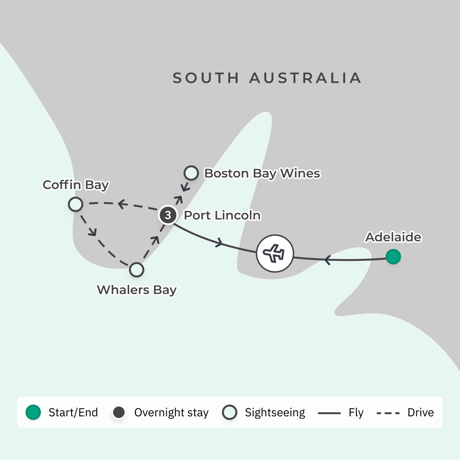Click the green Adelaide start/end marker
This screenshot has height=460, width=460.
393,257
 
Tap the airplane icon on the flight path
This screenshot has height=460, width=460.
275,253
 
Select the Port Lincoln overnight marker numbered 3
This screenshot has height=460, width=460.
168,215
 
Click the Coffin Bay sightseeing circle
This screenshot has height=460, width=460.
76,204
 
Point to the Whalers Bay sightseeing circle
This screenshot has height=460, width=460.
137,270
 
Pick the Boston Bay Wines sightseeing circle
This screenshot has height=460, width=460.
191,173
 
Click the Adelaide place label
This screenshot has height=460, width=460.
393,237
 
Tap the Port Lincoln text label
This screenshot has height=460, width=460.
222,215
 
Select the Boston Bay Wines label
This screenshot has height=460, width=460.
262,173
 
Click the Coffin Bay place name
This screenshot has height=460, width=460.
76,185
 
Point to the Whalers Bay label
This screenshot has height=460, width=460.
137,290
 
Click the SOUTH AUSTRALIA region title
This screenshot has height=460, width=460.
267,78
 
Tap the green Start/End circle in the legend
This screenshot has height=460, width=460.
33,412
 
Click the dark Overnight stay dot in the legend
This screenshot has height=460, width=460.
119,412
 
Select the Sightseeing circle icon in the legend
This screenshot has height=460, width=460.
230,412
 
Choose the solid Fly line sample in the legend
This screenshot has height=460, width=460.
329,413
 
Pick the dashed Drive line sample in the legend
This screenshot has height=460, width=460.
388,413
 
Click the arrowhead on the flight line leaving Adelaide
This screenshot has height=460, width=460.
327,260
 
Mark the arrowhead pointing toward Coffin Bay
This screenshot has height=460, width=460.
122,204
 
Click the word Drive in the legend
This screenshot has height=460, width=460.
421,412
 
